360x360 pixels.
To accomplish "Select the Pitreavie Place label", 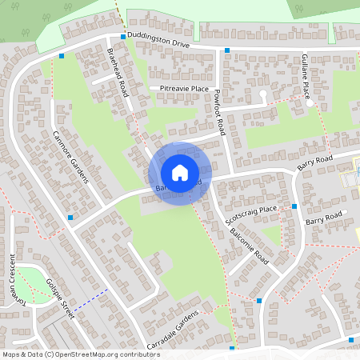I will click(x=184, y=88).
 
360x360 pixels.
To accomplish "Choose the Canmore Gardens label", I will click(x=71, y=156).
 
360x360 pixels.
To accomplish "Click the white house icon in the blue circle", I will click(x=180, y=172).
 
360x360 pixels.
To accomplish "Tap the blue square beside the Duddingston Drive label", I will click(x=123, y=37).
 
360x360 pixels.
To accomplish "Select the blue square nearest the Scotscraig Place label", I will click(x=294, y=206).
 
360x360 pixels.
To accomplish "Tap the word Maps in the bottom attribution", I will click(x=10, y=354).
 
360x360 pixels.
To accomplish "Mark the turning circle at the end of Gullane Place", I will click(x=310, y=103).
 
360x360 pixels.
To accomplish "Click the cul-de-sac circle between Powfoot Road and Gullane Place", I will click(x=262, y=94).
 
